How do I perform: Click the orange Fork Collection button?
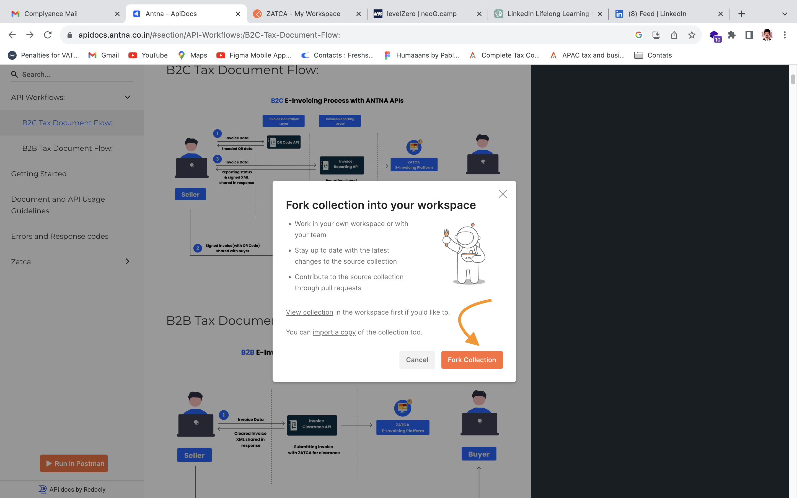(472, 360)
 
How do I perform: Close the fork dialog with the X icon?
(503, 194)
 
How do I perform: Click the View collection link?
(309, 312)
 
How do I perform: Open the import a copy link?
(334, 332)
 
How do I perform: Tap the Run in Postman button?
(74, 463)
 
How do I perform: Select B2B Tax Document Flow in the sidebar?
(68, 148)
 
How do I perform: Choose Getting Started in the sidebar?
(39, 173)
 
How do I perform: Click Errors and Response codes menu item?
(59, 236)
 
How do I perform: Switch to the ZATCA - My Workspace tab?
(303, 14)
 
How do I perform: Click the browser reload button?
(48, 35)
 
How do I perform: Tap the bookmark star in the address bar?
(692, 35)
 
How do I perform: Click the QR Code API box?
(284, 142)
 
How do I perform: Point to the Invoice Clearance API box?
(312, 425)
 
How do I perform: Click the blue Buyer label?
(478, 454)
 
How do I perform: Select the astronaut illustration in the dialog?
(464, 254)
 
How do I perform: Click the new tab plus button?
(741, 14)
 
